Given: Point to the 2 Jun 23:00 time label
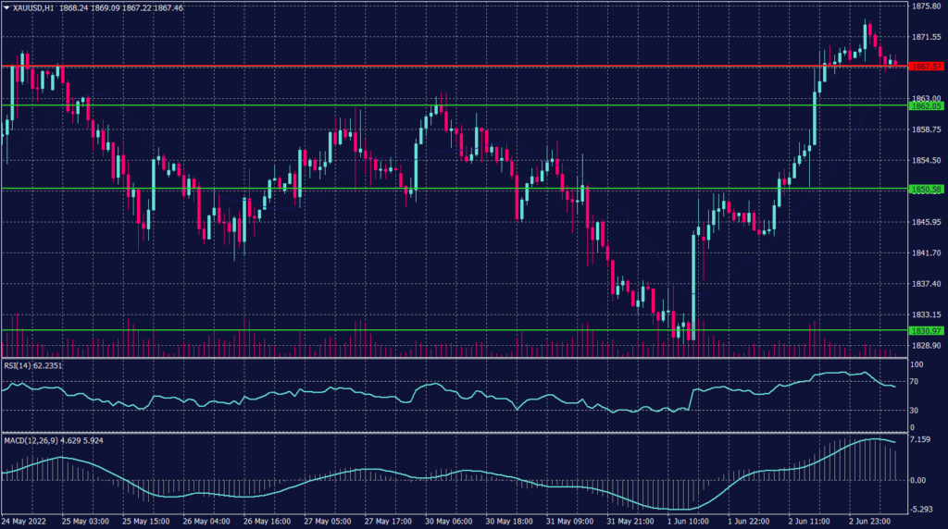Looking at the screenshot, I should tap(868, 522).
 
